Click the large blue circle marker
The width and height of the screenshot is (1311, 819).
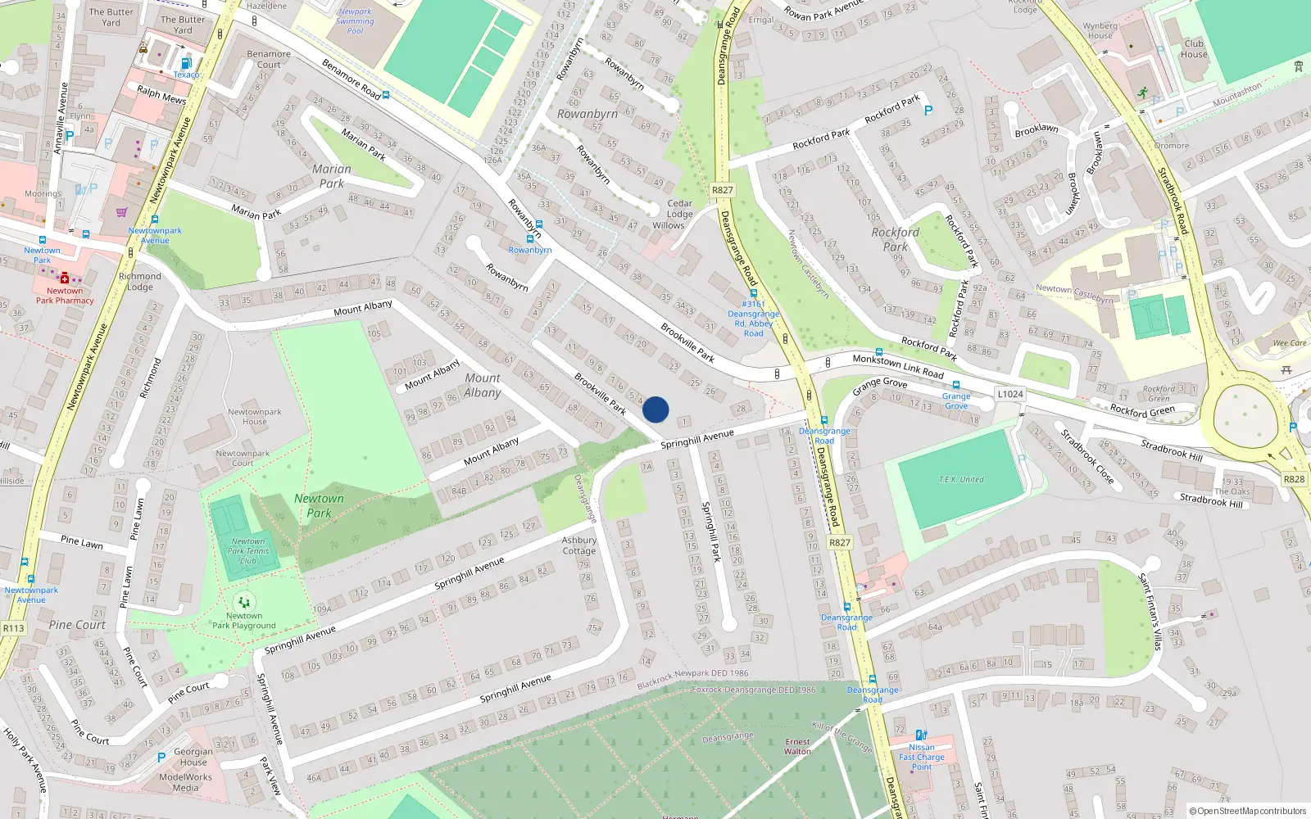[x=655, y=409]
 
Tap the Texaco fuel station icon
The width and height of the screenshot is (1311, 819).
[x=186, y=63]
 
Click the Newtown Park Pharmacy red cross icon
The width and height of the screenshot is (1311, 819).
[x=65, y=278]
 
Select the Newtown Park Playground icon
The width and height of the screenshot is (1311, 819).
[x=244, y=603]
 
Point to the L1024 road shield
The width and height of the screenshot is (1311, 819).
[x=1010, y=394]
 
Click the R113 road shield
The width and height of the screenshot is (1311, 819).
[x=13, y=628]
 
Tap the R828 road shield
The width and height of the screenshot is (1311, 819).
[x=1294, y=479]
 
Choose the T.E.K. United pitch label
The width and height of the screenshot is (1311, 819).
[x=961, y=480]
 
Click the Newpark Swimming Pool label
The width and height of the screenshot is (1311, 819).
[x=355, y=21]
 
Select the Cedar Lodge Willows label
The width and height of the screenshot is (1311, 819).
[x=678, y=215]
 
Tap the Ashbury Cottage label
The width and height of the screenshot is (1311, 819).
[x=579, y=545]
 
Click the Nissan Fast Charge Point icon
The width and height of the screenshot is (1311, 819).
[x=921, y=735]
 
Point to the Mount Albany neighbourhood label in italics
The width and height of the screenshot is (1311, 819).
[x=483, y=385]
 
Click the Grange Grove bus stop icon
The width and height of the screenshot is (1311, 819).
[x=955, y=385]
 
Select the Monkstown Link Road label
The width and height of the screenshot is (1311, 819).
[x=898, y=365]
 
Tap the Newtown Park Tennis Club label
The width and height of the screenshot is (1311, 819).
[x=248, y=551]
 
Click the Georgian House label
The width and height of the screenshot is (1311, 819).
[x=193, y=757]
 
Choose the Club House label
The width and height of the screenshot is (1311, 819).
[x=1194, y=49]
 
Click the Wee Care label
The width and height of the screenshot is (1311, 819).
[x=1290, y=343]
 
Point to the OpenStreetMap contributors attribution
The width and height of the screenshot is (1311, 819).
[x=1248, y=811]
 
